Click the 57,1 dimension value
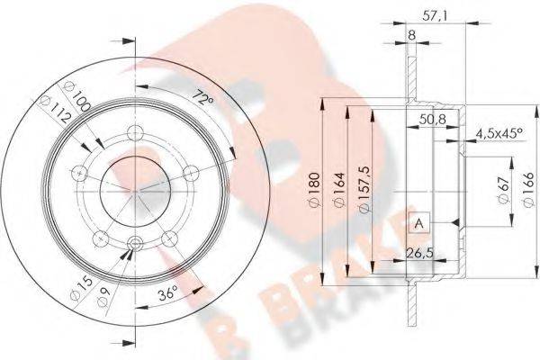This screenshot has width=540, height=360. click(435, 16)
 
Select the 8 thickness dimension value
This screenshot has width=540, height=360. click(411, 35)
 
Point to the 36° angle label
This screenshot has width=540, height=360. click(167, 294)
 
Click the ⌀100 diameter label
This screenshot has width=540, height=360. click(77, 96)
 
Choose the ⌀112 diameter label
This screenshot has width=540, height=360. click(56, 109)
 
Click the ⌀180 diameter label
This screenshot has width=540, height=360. click(315, 190)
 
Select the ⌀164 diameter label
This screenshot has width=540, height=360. click(339, 190)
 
